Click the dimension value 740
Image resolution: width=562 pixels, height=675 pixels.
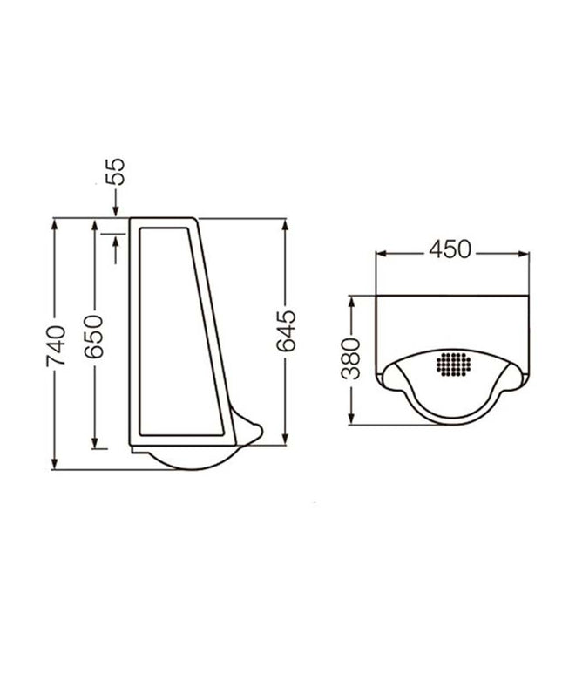coord(57,346)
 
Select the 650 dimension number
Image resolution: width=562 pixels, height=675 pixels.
coord(94,337)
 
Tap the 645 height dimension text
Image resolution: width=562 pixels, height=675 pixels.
coord(286,331)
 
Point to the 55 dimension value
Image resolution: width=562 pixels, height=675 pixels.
coord(115,172)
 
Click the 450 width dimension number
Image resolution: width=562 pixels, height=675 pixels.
coord(450,249)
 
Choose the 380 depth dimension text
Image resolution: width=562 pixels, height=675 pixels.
coord(350,359)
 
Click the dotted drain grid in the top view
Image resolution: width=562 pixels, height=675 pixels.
coord(454,365)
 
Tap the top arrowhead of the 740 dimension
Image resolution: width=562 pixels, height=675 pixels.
coord(54,225)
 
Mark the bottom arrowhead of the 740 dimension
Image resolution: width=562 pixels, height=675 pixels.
coord(54,463)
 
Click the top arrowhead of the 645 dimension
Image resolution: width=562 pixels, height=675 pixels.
coord(284,225)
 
